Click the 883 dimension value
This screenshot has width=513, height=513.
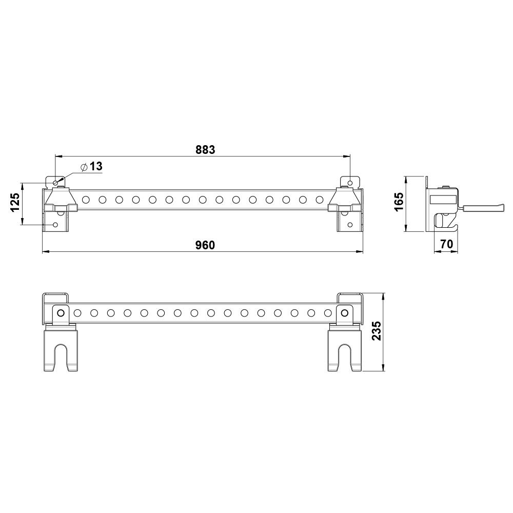(205, 149)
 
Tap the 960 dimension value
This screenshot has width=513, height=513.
(205, 245)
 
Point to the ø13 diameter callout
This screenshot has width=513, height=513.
(92, 167)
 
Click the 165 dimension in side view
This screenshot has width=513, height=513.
(399, 202)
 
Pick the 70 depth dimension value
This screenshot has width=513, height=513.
(447, 244)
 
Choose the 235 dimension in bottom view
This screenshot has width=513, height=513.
(377, 331)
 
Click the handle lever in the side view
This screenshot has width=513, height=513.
(481, 207)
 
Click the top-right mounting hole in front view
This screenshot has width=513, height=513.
(350, 182)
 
